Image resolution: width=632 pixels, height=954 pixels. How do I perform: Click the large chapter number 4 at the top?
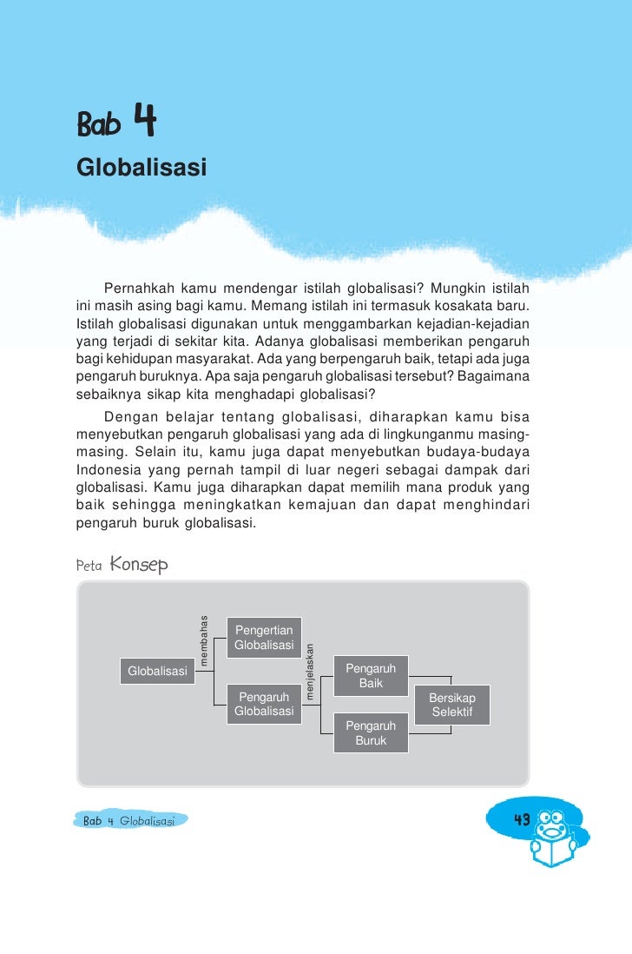click(x=144, y=122)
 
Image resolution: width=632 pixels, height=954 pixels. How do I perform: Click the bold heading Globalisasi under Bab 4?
click(x=142, y=167)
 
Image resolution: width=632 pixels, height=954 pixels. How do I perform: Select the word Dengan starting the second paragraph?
click(x=129, y=415)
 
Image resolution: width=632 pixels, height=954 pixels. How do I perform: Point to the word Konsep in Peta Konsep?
click(x=139, y=565)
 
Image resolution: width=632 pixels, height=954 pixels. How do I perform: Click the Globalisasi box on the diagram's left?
click(x=158, y=671)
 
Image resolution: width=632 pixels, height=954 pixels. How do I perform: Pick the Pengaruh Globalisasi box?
click(x=264, y=705)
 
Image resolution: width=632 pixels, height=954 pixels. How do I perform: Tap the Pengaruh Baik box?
click(x=371, y=676)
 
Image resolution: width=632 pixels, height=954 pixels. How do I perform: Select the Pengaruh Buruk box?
click(x=371, y=733)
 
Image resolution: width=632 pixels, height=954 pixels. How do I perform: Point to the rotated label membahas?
click(x=204, y=640)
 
